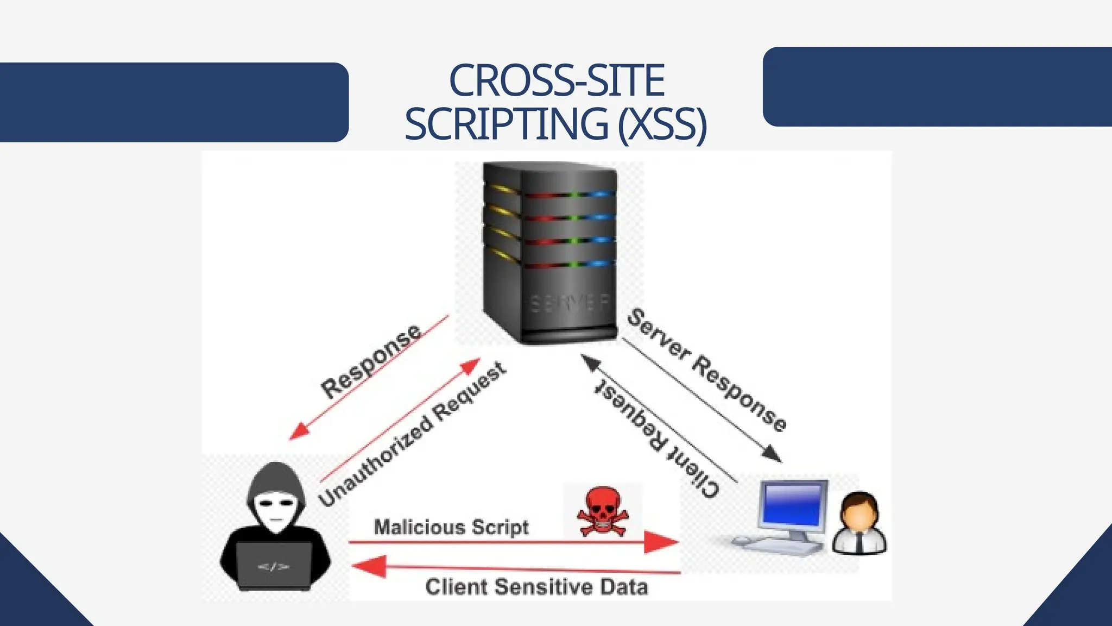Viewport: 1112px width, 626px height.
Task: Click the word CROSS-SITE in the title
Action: click(x=557, y=80)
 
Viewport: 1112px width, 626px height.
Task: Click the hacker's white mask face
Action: click(x=276, y=509)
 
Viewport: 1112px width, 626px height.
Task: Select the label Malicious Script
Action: click(x=451, y=527)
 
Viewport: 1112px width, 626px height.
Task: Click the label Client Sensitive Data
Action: click(x=536, y=587)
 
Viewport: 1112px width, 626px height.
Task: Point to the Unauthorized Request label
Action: click(x=413, y=435)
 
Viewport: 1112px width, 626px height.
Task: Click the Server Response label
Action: click(x=706, y=370)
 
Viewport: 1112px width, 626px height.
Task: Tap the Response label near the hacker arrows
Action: click(x=371, y=361)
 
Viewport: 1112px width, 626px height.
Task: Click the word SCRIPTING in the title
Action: click(x=506, y=124)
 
